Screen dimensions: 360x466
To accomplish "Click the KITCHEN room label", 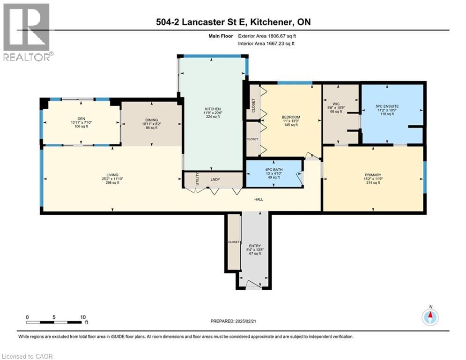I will click(213, 109).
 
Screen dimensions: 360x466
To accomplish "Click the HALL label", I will click(259, 199).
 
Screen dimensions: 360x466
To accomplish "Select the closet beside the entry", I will click(233, 242).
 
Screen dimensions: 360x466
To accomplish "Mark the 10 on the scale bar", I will click(83, 317).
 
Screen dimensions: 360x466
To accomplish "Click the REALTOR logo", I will click(27, 32).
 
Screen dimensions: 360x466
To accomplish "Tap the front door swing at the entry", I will click(253, 285).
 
